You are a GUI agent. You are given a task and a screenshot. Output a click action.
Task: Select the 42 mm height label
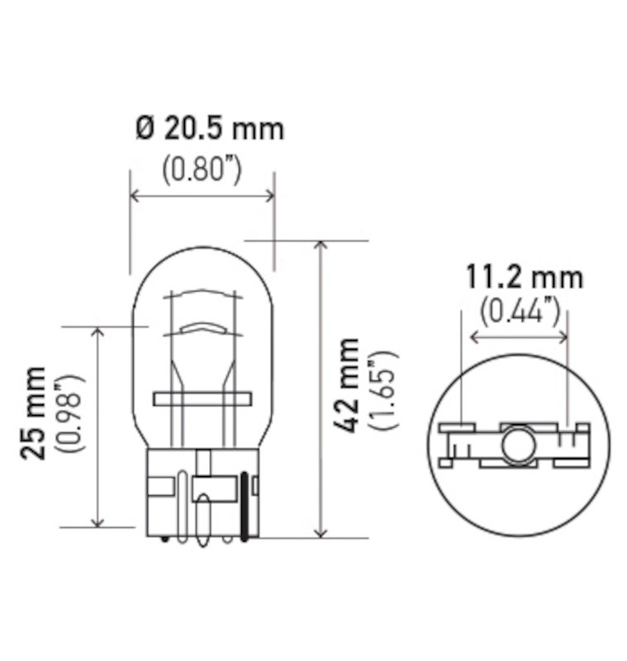coord(350,385)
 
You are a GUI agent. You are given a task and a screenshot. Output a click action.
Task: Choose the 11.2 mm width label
coord(524,277)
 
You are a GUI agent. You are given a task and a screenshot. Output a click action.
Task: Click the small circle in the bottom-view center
coord(518,444)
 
